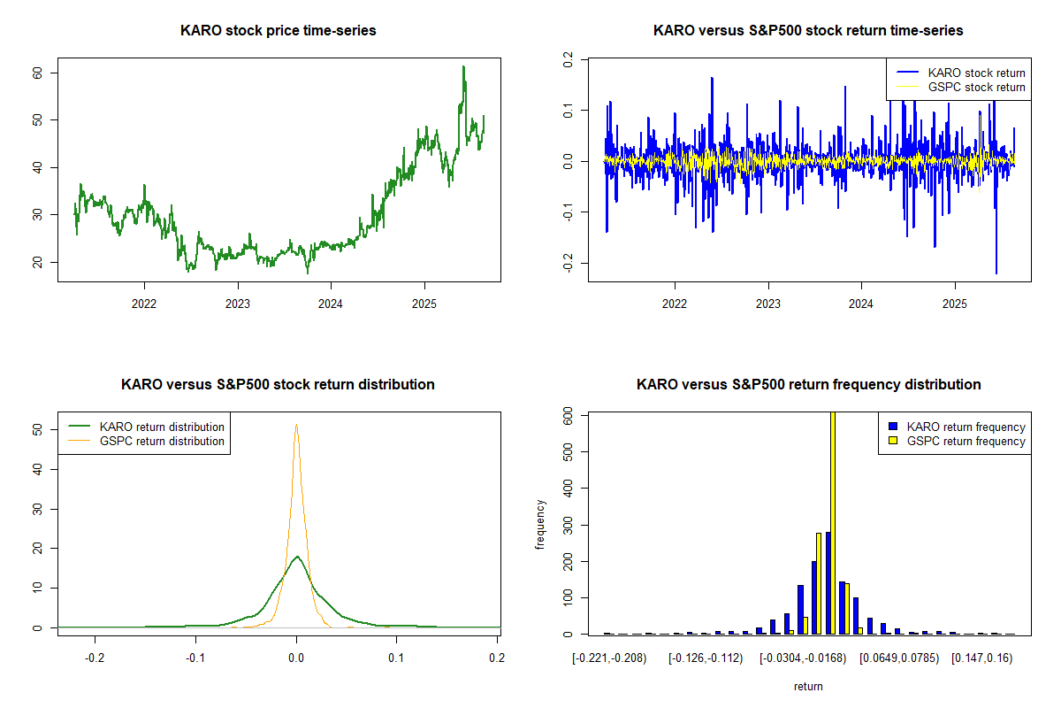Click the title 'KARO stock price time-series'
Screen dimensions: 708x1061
pyautogui.click(x=279, y=31)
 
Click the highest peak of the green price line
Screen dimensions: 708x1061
pyautogui.click(x=463, y=67)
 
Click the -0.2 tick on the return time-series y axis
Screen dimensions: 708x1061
pyautogui.click(x=569, y=263)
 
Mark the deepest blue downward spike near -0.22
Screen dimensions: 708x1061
pyautogui.click(x=996, y=272)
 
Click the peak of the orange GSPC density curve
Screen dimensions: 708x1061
pyautogui.click(x=296, y=426)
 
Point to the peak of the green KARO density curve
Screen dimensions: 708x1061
pyautogui.click(x=297, y=557)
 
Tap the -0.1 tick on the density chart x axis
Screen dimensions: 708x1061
pyautogui.click(x=195, y=658)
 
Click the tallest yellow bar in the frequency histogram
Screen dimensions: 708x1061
pyautogui.click(x=832, y=522)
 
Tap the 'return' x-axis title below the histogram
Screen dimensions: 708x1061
pyautogui.click(x=808, y=686)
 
